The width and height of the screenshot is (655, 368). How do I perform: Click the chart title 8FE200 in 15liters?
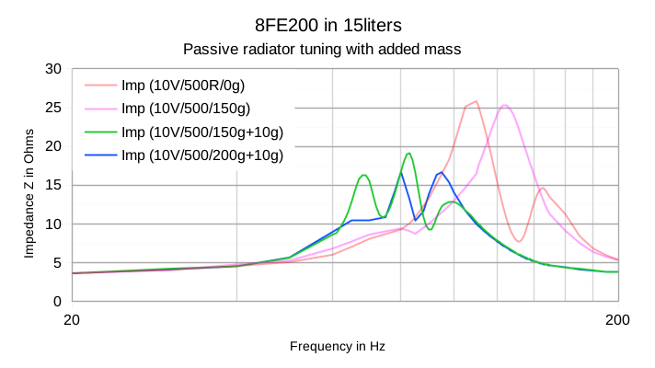327,22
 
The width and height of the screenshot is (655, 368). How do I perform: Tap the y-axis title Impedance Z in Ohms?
29,185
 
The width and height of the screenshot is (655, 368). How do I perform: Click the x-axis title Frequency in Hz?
338,347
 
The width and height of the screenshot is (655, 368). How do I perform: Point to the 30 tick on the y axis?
52,69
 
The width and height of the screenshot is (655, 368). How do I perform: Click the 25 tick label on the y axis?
52,108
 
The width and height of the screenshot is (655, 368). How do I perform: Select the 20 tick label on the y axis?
52,146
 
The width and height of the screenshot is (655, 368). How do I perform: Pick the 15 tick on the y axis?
52,185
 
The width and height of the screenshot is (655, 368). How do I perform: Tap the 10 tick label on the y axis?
52,224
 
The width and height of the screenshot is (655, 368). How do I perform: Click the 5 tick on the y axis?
56,262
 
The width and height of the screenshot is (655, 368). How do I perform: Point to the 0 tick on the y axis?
56,301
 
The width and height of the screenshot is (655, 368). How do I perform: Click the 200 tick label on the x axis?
618,319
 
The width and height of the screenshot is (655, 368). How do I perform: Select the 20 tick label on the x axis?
72,319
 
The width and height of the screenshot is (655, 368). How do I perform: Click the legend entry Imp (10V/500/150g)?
185,109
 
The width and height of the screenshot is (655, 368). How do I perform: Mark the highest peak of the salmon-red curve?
476,101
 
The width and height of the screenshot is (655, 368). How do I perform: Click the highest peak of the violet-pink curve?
504,105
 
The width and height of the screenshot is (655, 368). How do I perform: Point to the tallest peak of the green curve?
408,153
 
